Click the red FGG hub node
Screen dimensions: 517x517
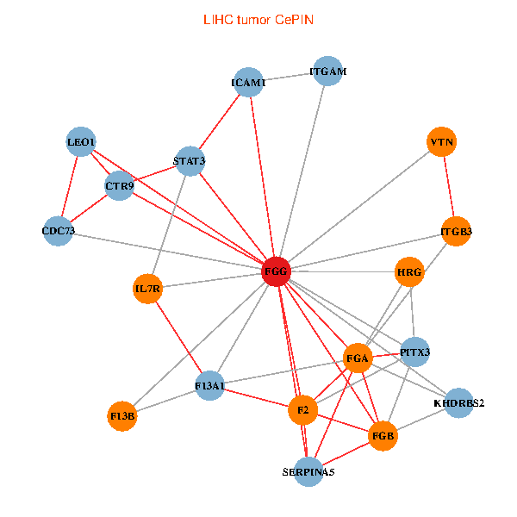(x=276, y=272)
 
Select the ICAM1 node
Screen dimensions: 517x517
(x=250, y=83)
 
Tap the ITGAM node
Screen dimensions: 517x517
(x=327, y=72)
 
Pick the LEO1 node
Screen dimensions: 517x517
(x=81, y=142)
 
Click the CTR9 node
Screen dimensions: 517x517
(x=119, y=185)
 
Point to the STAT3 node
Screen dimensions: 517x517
(x=190, y=161)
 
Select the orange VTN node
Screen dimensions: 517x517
(x=442, y=142)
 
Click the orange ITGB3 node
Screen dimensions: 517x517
(x=456, y=231)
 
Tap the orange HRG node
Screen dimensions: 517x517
(x=409, y=273)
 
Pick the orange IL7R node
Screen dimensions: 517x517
(x=147, y=289)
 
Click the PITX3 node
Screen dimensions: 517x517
(x=414, y=352)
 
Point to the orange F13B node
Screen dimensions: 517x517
(x=123, y=417)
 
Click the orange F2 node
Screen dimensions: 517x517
(x=302, y=408)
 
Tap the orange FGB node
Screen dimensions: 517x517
(x=383, y=436)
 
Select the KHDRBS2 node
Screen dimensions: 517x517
(x=459, y=402)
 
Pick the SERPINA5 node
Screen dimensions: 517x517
(x=308, y=471)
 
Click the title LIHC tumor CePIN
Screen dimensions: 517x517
(x=258, y=19)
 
